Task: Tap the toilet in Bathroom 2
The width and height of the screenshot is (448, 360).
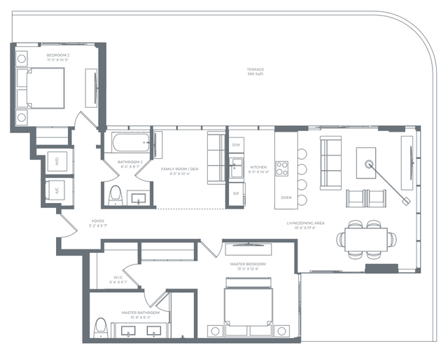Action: pos(115,195)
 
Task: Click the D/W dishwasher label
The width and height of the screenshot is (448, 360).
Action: pos(237,144)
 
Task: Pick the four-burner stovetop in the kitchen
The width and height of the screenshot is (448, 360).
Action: pos(282,168)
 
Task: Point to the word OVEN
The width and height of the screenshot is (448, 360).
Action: pos(286,198)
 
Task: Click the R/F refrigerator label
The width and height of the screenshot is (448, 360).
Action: pos(236,193)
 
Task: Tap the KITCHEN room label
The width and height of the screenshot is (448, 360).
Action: pos(259,167)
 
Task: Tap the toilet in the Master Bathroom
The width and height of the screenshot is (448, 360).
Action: pos(101,327)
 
